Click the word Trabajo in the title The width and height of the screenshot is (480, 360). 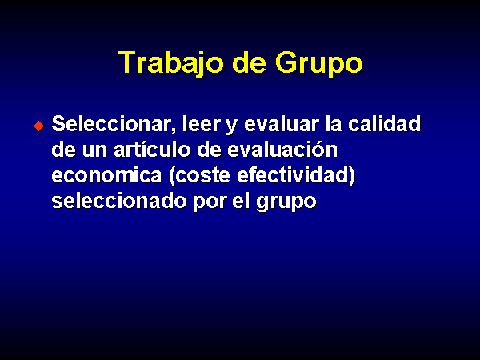point(170,64)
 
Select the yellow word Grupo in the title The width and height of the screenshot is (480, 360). point(318,64)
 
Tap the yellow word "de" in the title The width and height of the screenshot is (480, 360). point(249,62)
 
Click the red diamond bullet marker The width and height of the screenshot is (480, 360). point(39,126)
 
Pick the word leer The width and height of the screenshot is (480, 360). point(201,124)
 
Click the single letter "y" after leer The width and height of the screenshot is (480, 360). point(232,126)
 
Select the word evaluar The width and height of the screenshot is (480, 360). point(282,124)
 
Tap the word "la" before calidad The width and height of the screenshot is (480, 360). point(334,124)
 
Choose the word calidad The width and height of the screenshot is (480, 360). point(384,124)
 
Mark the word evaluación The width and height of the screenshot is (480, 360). point(282,150)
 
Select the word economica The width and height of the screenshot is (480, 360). point(106,175)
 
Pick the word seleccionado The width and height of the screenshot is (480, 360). point(119,201)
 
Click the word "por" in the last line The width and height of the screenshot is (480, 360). point(210,203)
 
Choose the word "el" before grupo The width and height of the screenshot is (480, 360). point(241,201)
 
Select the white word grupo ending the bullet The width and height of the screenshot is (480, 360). point(286,203)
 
